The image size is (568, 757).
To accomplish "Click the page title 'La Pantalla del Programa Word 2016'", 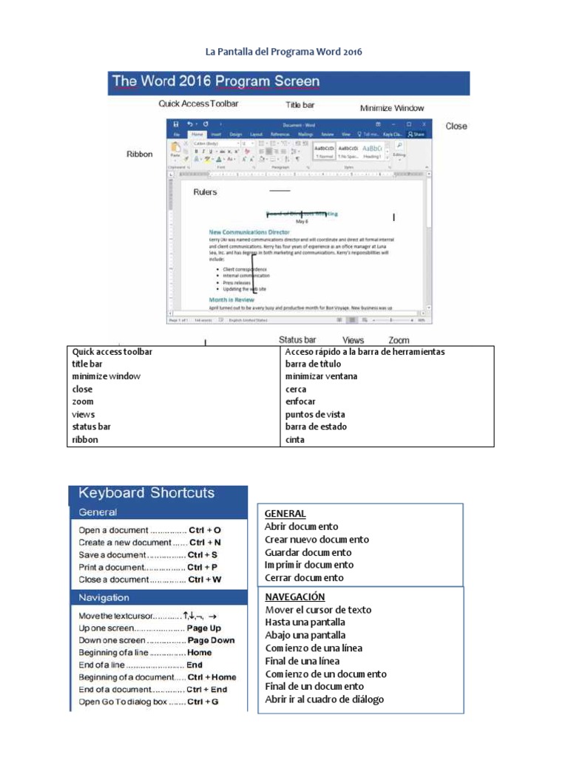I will (x=285, y=53).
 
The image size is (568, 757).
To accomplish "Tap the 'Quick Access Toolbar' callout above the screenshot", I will (x=198, y=104).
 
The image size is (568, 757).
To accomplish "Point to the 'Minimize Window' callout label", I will (x=392, y=108).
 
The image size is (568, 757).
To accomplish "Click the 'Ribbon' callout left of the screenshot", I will (x=140, y=155).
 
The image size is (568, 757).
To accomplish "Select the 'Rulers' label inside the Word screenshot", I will (x=206, y=192).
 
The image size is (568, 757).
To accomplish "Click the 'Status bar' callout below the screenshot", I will (x=297, y=339).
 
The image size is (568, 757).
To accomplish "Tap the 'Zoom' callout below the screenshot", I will (x=399, y=340).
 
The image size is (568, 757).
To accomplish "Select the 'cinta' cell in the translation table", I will (x=294, y=440).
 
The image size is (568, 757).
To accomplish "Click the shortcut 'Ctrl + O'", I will (x=205, y=530).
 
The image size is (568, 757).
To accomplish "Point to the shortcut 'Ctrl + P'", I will (x=204, y=567).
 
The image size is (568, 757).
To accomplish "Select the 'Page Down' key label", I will (x=211, y=640).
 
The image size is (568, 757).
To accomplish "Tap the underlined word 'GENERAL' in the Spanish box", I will (x=285, y=514).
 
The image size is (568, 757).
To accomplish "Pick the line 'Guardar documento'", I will (x=308, y=552).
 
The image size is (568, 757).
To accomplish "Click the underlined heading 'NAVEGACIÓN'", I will (x=294, y=597).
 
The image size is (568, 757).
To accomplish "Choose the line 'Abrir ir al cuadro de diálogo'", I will (x=324, y=699).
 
